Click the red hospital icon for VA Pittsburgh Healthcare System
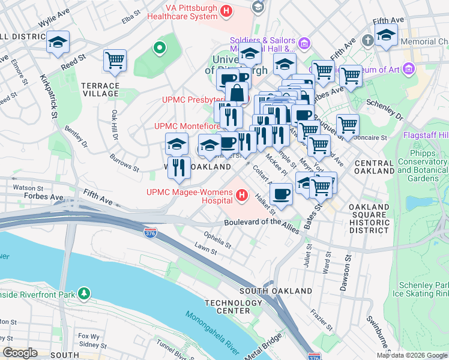(226, 11)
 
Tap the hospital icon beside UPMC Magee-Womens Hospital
(242, 195)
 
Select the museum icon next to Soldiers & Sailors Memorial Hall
(304, 43)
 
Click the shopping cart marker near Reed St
(114, 59)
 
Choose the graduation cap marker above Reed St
(58, 42)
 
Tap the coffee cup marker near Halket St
(281, 193)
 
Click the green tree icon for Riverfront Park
(85, 293)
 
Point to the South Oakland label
(276, 290)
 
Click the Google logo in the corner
(20, 353)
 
